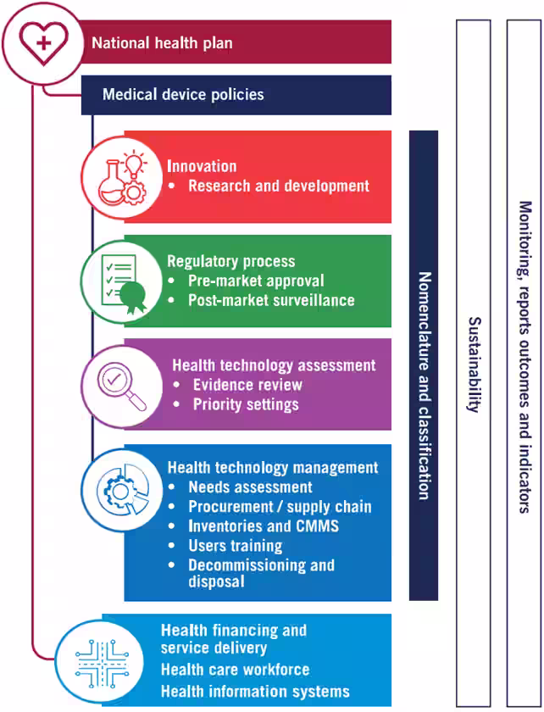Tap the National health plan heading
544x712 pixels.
pyautogui.click(x=161, y=42)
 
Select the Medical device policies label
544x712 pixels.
pyautogui.click(x=183, y=94)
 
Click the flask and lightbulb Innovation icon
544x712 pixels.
pyautogui.click(x=120, y=177)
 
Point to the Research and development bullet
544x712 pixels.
pyautogui.click(x=278, y=186)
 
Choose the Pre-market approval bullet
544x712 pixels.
pyautogui.click(x=256, y=281)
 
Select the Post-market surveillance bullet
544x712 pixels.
pyautogui.click(x=271, y=300)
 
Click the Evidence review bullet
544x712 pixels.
pyautogui.click(x=247, y=385)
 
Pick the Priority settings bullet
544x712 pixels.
pyautogui.click(x=246, y=404)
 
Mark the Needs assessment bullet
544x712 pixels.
pyautogui.click(x=250, y=487)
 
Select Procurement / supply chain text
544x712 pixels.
pyautogui.click(x=280, y=507)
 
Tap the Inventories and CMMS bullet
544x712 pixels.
pyautogui.click(x=264, y=526)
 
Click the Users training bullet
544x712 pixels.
pyautogui.click(x=235, y=546)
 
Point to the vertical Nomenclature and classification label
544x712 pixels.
pyautogui.click(x=425, y=386)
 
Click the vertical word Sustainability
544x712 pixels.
pyautogui.click(x=474, y=364)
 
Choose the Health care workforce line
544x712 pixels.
pyautogui.click(x=235, y=670)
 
